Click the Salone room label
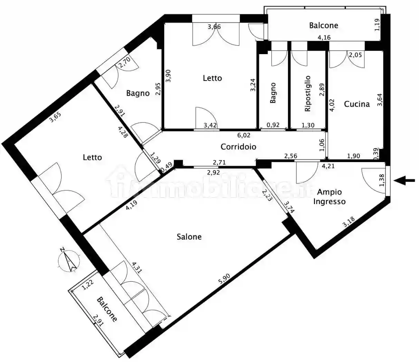pos(189,237)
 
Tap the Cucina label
pos(357,104)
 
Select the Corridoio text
pos(238,147)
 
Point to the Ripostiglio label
pos(307,93)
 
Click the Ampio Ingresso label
pos(330,197)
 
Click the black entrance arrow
pos(404,181)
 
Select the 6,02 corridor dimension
pos(244,135)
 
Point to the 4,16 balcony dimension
pos(324,38)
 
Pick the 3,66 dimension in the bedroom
pos(214,27)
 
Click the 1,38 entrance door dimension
pos(382,180)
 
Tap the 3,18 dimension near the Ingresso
pos(349,222)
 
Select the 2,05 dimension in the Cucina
pos(355,54)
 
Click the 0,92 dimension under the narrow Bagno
pos(273,125)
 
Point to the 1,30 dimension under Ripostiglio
pos(308,125)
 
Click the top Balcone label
pos(324,26)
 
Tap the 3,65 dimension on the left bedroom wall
pos(55,117)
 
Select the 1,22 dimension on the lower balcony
pos(88,285)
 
